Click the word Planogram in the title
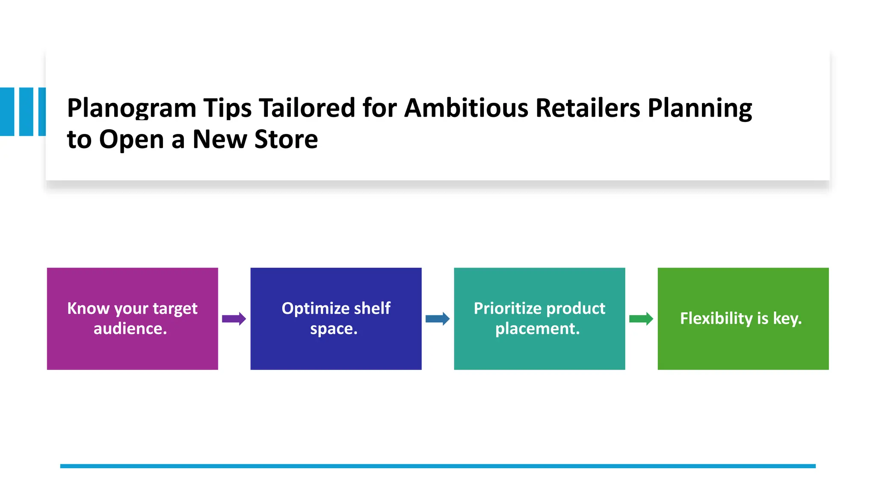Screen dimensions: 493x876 (131, 108)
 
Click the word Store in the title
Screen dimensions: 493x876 (286, 139)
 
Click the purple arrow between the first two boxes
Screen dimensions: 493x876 (234, 319)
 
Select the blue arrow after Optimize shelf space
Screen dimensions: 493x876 (438, 319)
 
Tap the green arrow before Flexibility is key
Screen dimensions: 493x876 (641, 319)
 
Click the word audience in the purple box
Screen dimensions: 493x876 (130, 329)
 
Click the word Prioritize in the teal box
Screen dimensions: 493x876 (507, 309)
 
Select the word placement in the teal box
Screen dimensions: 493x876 (537, 329)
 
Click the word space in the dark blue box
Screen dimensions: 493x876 (333, 329)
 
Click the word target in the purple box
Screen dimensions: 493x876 (175, 309)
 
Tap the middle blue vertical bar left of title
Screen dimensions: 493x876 (26, 112)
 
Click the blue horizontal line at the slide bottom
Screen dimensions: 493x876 (438, 466)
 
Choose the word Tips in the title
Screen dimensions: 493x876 (227, 108)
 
